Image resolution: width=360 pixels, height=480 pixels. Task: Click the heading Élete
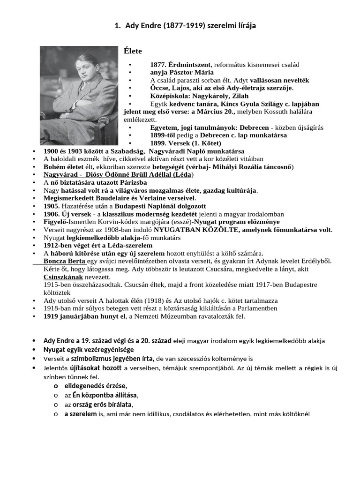tap(133, 51)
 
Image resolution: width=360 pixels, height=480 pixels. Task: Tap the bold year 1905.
tap(52, 206)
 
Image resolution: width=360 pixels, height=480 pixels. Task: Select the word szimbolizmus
tap(92, 359)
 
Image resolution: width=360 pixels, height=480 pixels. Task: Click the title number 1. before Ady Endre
tap(117, 25)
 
